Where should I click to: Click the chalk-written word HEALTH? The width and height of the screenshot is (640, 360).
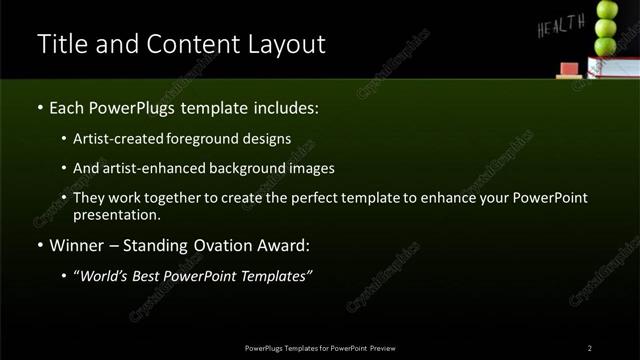[560, 27]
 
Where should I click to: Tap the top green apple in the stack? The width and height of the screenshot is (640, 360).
[607, 11]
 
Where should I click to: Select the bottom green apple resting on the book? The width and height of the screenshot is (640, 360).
[606, 46]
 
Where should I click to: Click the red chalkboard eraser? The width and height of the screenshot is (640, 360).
[569, 69]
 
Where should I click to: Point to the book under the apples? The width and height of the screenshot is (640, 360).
[612, 67]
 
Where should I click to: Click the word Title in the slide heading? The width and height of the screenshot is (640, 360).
[59, 45]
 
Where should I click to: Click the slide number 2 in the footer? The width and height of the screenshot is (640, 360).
[590, 347]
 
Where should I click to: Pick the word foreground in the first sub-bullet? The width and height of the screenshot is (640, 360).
[215, 138]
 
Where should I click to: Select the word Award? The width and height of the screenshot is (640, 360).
[281, 245]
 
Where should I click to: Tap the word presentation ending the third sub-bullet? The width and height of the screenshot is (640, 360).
[116, 214]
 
